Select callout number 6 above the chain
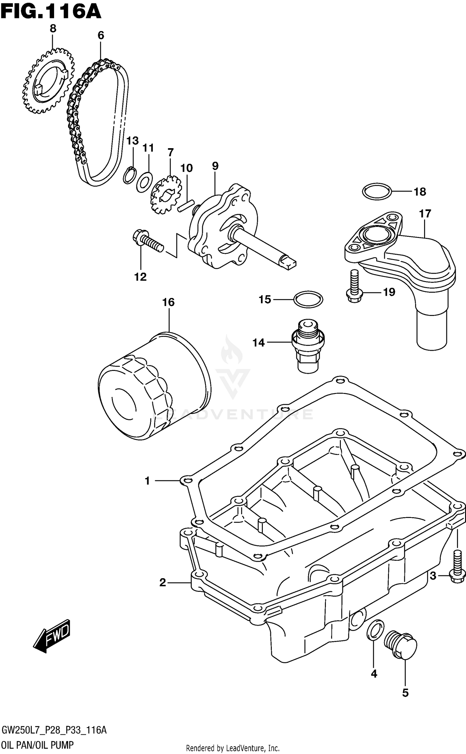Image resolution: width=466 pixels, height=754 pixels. (101, 35)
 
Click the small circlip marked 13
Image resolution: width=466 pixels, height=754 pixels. (129, 176)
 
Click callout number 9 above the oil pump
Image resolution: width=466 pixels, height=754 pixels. (215, 166)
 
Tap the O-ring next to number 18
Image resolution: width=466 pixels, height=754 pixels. (376, 192)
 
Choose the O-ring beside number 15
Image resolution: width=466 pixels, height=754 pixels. (308, 299)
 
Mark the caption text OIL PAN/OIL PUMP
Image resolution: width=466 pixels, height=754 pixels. (38, 743)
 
